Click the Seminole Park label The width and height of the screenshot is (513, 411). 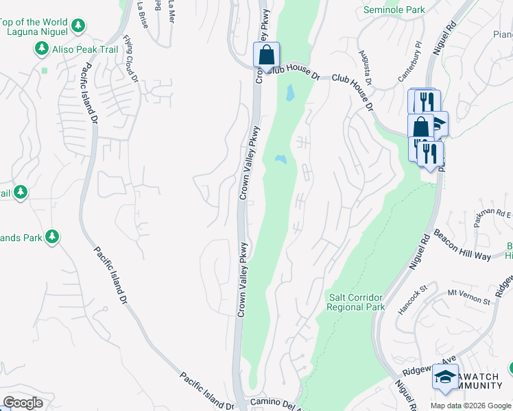pos(394,10)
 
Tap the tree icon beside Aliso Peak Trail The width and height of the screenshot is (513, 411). pos(43,49)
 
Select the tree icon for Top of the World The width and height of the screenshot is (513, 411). pos(79,26)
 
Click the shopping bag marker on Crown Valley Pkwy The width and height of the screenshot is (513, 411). pos(266,55)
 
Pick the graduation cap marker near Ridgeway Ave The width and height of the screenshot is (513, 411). pos(446,377)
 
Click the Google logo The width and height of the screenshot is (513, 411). pos(23,403)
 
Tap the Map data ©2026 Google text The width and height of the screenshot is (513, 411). pos(470,406)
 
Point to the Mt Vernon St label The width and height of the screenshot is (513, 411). pos(470,297)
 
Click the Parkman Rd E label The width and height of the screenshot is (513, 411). pos(492,217)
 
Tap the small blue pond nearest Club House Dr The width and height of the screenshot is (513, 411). pos(290,92)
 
